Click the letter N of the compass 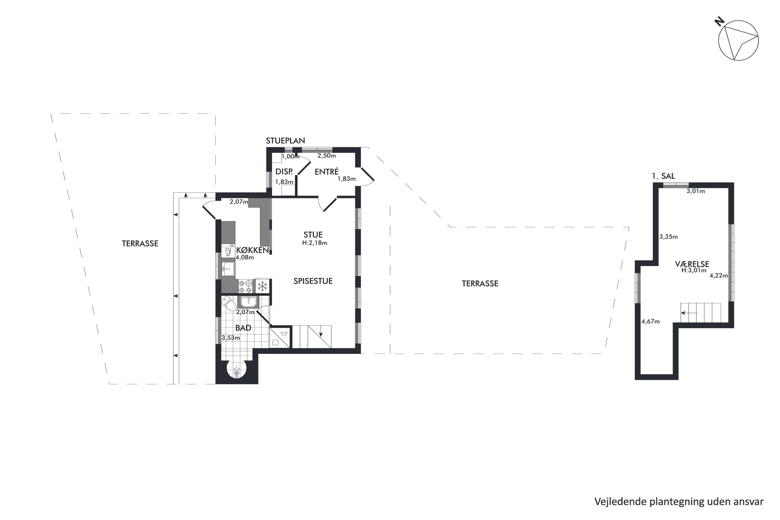pos(719,22)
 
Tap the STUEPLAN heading pos(285,141)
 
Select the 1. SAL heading pos(663,176)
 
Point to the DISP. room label pos(284,171)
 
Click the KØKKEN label pos(252,250)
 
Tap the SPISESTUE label pos(313,281)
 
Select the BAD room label pos(243,328)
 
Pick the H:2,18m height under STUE pos(314,243)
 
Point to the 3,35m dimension pos(668,237)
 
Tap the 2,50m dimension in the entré pos(327,155)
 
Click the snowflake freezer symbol pos(262,286)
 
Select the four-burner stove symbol pos(246,287)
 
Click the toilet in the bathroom pos(229,302)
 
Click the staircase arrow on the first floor pos(689,313)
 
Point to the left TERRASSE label pos(140,243)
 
